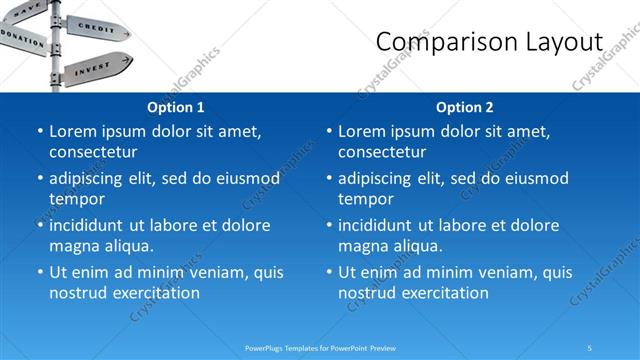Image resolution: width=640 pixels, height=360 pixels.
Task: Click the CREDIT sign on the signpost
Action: point(95,27)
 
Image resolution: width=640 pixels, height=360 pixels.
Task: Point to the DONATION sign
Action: point(22,37)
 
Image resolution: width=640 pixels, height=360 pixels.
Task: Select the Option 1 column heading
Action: point(176,106)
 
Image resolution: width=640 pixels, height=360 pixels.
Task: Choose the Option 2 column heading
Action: point(465,106)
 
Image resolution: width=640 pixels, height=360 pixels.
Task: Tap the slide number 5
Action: point(590,348)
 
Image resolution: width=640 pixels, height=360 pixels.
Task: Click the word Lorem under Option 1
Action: point(72,131)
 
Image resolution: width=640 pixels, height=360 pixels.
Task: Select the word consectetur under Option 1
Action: point(93,152)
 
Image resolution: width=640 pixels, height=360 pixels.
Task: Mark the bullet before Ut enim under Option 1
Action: point(40,272)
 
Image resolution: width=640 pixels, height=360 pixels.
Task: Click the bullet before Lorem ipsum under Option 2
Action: point(329,131)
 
